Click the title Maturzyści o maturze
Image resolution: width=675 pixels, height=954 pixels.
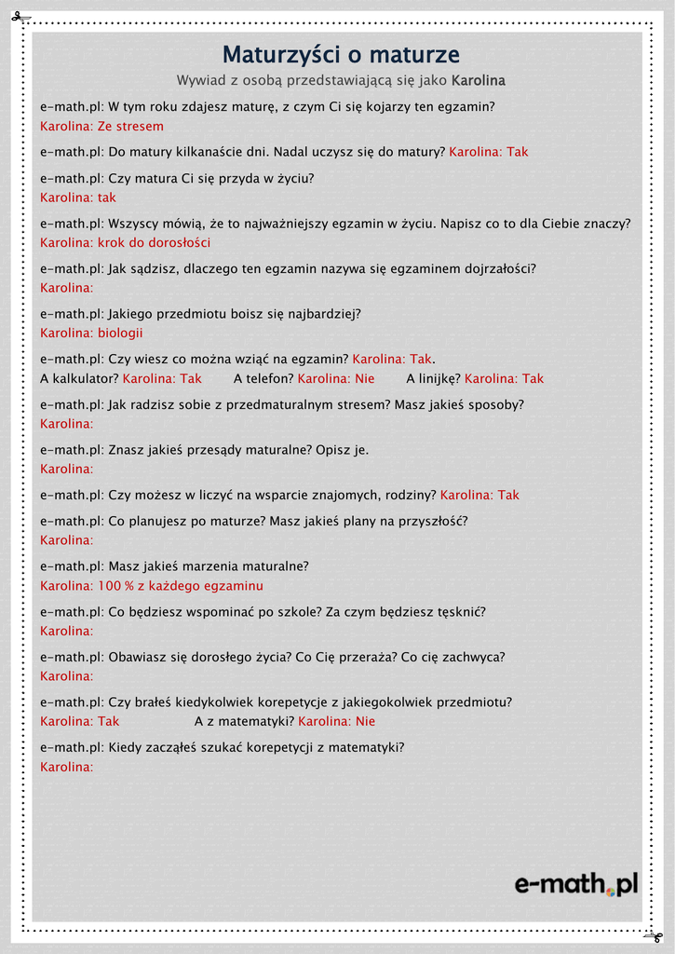tap(341, 55)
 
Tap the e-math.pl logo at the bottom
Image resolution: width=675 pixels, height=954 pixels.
tap(576, 883)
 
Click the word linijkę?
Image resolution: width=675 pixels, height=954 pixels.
tap(433, 379)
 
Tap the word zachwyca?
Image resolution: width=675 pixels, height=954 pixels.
tap(470, 658)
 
